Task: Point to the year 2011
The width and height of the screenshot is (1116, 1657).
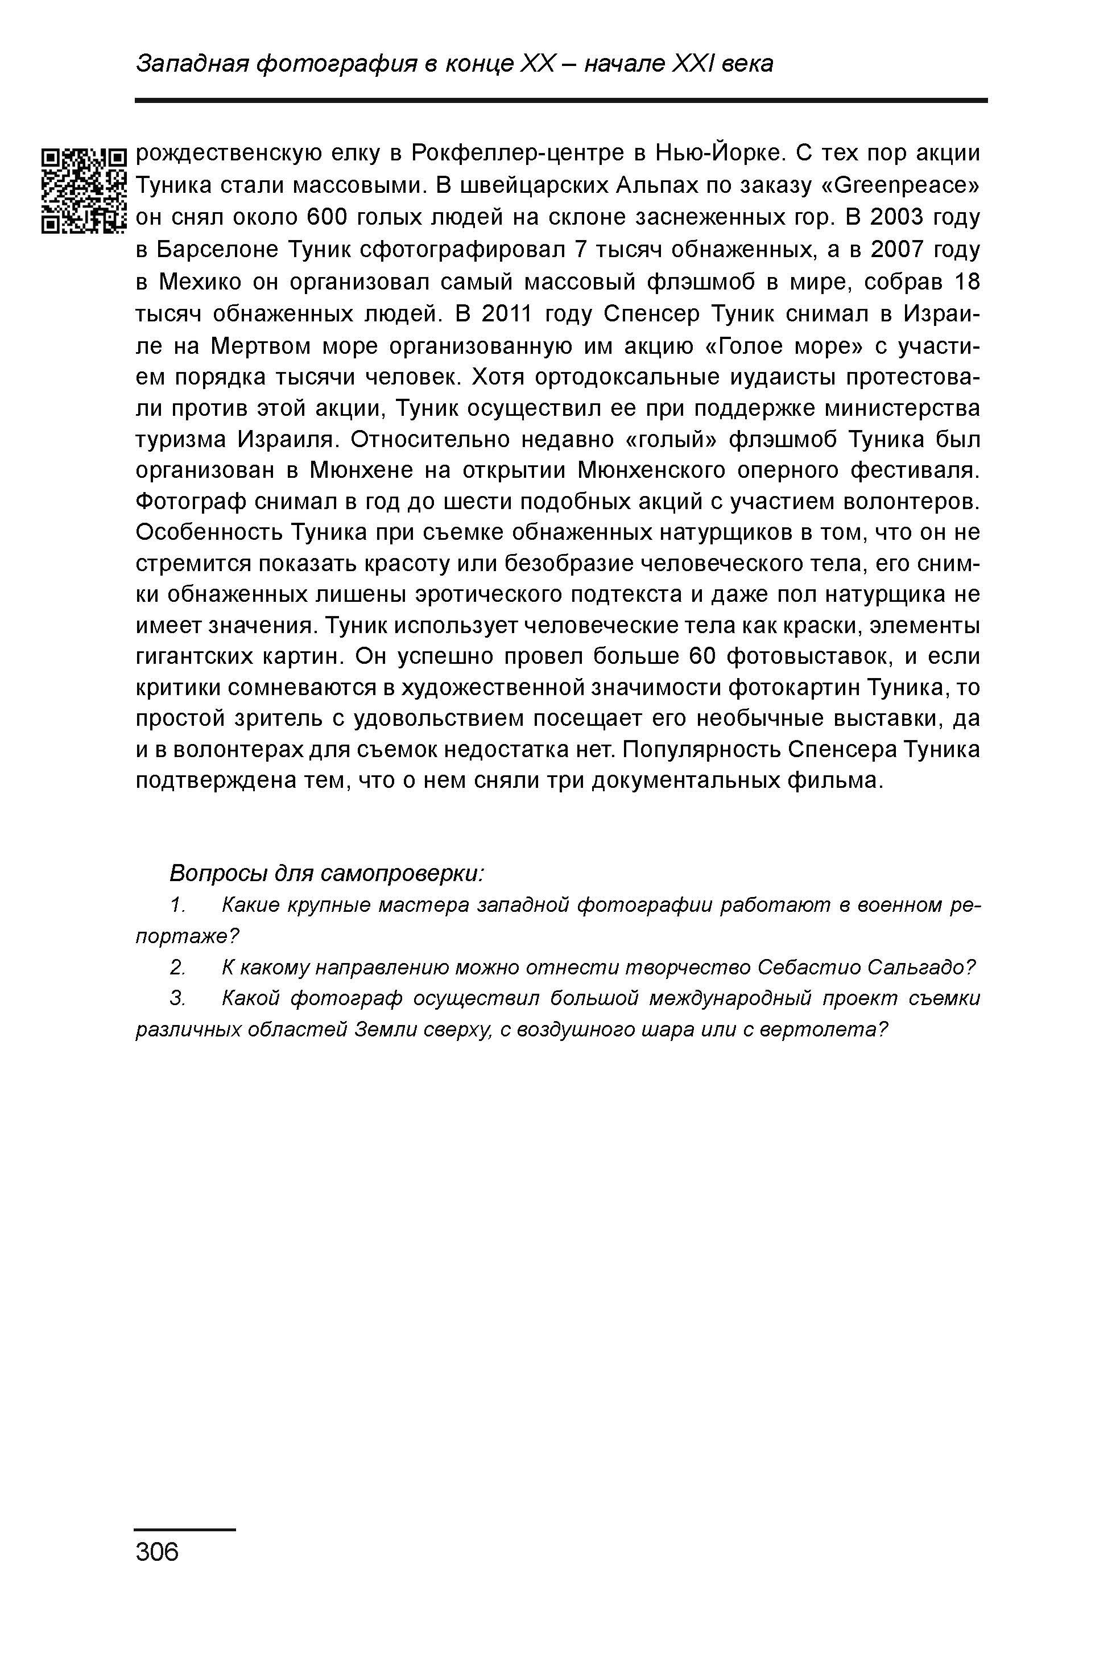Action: [513, 314]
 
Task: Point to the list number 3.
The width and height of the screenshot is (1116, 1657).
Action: [177, 999]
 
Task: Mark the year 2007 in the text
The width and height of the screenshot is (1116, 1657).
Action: [900, 250]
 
